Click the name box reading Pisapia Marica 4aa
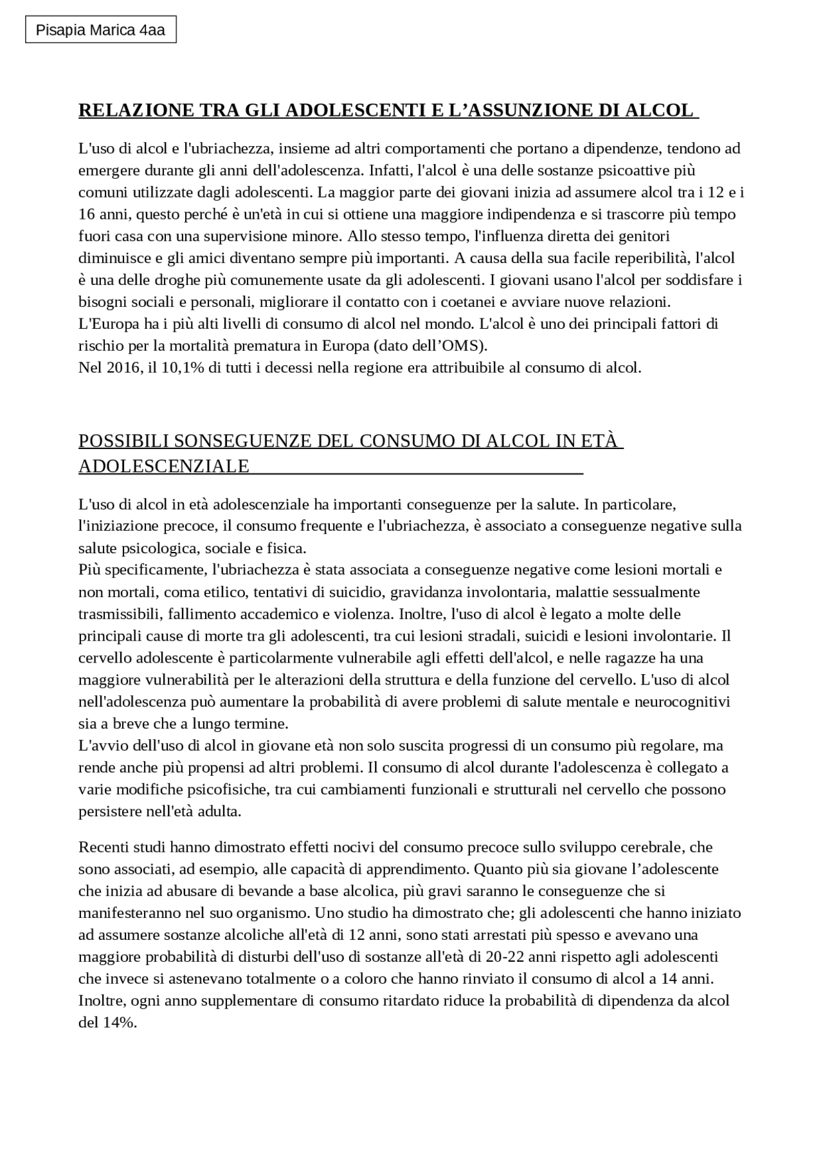coord(100,30)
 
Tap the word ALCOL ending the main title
coord(659,110)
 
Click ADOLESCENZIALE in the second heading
coord(164,466)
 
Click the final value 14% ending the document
coord(119,1023)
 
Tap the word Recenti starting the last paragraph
coord(103,847)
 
